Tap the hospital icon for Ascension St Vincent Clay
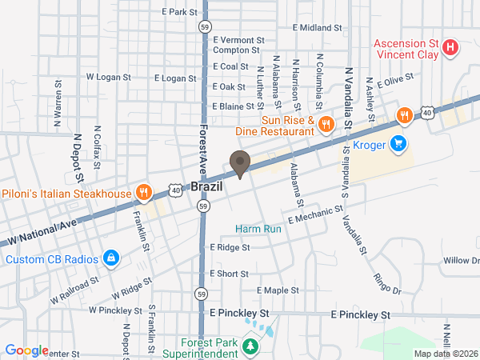point(450,47)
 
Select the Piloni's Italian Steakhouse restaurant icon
point(143,192)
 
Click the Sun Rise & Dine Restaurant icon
point(326,124)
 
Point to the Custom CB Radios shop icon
point(111,258)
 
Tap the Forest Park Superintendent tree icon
point(251,346)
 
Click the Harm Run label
point(258,229)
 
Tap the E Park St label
point(179,12)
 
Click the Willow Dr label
point(462,261)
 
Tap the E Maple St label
point(278,290)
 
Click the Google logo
point(26,350)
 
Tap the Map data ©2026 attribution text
point(444,354)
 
